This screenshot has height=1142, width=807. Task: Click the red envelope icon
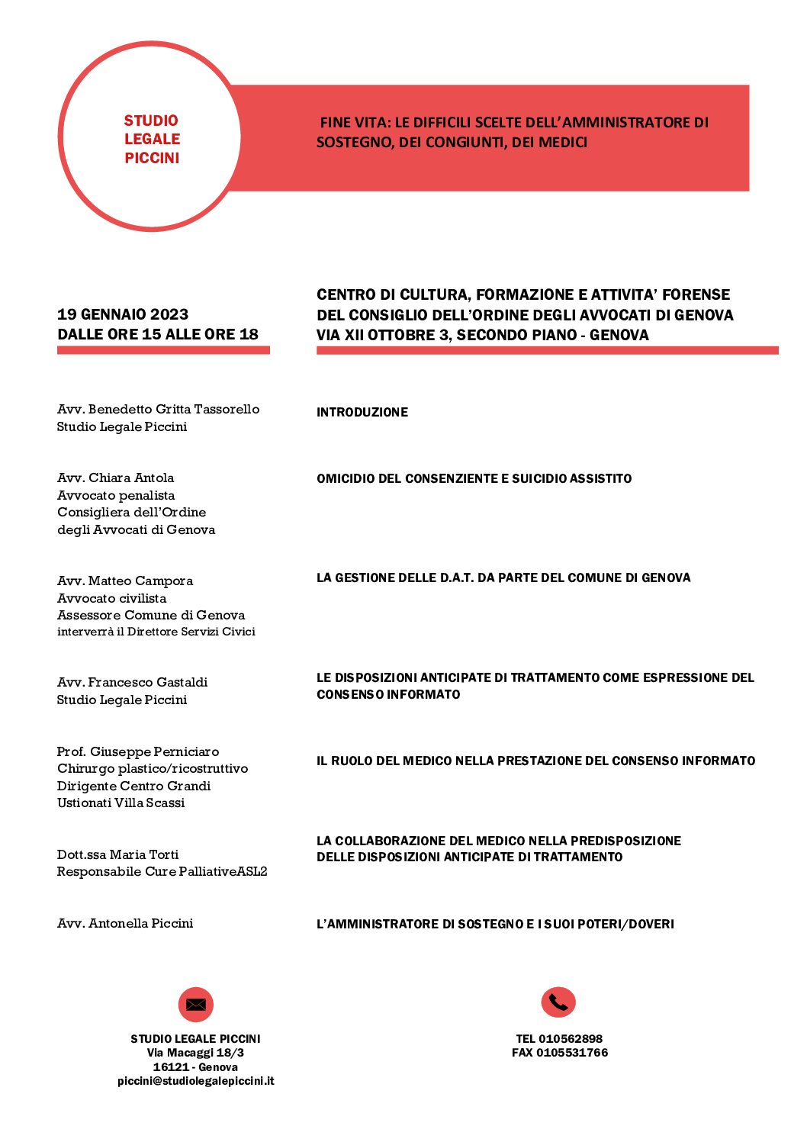point(196,1004)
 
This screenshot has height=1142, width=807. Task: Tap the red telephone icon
point(558,1002)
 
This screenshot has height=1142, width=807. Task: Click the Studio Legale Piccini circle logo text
point(152,139)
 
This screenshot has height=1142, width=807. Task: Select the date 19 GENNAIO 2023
point(123,314)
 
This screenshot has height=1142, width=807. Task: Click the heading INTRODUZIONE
point(362,412)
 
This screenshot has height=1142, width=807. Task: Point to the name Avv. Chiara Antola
point(116,478)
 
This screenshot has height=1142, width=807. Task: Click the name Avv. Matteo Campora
point(125,581)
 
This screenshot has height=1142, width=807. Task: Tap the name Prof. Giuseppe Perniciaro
point(138,751)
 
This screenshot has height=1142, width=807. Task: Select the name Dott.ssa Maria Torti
point(118,854)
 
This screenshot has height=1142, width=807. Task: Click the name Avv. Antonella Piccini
point(125,923)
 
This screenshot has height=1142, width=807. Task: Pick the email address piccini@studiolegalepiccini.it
point(196,1081)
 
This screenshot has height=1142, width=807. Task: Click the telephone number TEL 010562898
point(559,1038)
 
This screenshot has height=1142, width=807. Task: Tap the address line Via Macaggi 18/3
point(196,1053)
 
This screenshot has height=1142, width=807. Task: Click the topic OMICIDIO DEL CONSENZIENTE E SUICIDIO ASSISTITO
point(474,478)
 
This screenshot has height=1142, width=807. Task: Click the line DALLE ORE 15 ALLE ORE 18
point(158,334)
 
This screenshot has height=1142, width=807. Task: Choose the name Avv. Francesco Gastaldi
point(133,682)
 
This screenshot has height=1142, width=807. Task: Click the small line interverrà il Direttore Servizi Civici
point(156,632)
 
